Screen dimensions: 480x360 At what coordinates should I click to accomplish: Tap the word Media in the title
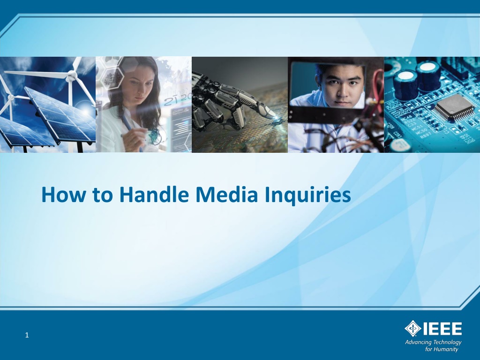coord(226,195)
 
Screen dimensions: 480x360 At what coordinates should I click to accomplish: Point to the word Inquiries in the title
coord(307,196)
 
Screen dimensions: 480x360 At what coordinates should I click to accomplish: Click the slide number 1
coord(27,335)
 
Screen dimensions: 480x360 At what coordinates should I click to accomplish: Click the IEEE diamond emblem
coord(413,329)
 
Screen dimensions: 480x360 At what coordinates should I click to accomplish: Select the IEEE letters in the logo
coord(442,329)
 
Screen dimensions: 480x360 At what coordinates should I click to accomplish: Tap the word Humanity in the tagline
coord(446,349)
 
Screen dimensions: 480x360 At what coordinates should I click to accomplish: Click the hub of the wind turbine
coord(72,75)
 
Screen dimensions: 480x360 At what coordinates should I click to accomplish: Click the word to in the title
coord(102,195)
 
